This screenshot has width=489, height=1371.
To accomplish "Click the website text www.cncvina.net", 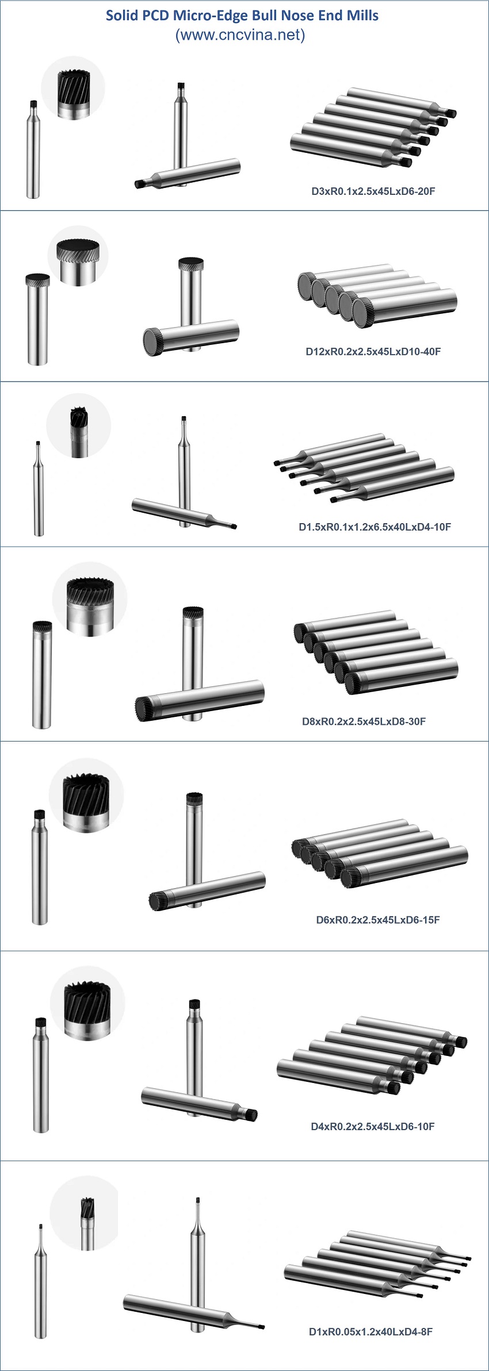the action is point(240,35).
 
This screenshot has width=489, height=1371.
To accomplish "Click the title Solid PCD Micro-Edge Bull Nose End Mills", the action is point(242,16).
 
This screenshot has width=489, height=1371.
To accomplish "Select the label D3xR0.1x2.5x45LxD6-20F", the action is point(373,191).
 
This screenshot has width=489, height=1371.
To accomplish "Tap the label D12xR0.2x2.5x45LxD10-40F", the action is point(373,351).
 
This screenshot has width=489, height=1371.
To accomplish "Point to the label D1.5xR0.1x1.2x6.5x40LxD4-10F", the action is point(375,527).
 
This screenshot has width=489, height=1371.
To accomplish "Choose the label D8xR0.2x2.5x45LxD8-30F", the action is point(364,721).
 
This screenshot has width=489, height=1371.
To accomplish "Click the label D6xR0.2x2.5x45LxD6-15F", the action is point(378,920).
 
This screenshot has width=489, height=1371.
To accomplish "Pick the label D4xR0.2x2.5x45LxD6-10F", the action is point(373,1126).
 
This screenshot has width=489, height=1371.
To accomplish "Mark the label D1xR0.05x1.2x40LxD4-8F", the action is point(371,1331).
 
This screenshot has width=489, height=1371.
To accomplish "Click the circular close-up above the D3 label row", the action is point(73,89).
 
